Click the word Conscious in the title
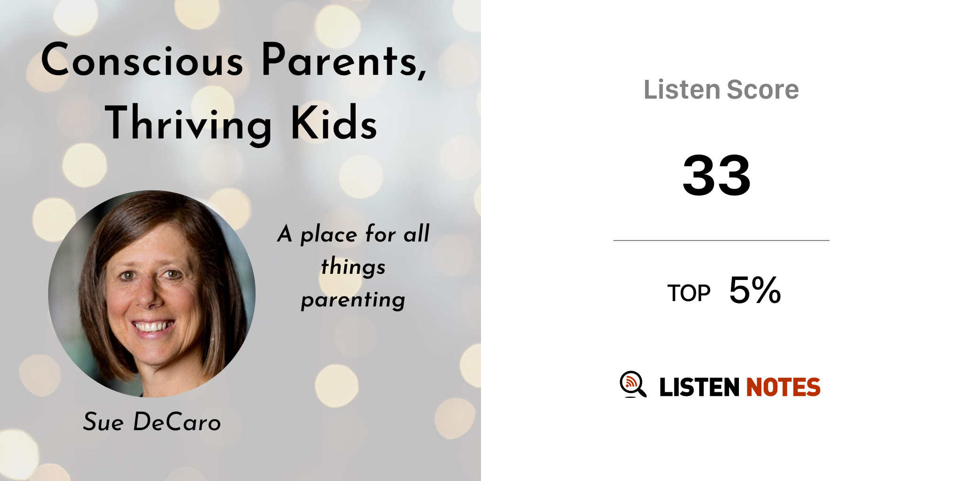pyautogui.click(x=142, y=60)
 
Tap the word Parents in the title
pyautogui.click(x=344, y=60)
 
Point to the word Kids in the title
pyautogui.click(x=334, y=122)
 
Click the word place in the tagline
pyautogui.click(x=328, y=234)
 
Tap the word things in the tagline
pyautogui.click(x=353, y=267)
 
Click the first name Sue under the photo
pyautogui.click(x=103, y=421)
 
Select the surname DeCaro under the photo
pyautogui.click(x=177, y=421)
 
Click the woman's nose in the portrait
pyautogui.click(x=149, y=294)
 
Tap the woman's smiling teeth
pyautogui.click(x=152, y=326)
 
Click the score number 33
pyautogui.click(x=717, y=175)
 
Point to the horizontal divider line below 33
pyautogui.click(x=721, y=240)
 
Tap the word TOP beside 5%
pyautogui.click(x=689, y=293)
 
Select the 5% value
pyautogui.click(x=755, y=290)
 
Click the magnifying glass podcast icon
pyautogui.click(x=633, y=384)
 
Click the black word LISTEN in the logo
pyautogui.click(x=699, y=387)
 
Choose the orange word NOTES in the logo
pyautogui.click(x=783, y=387)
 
